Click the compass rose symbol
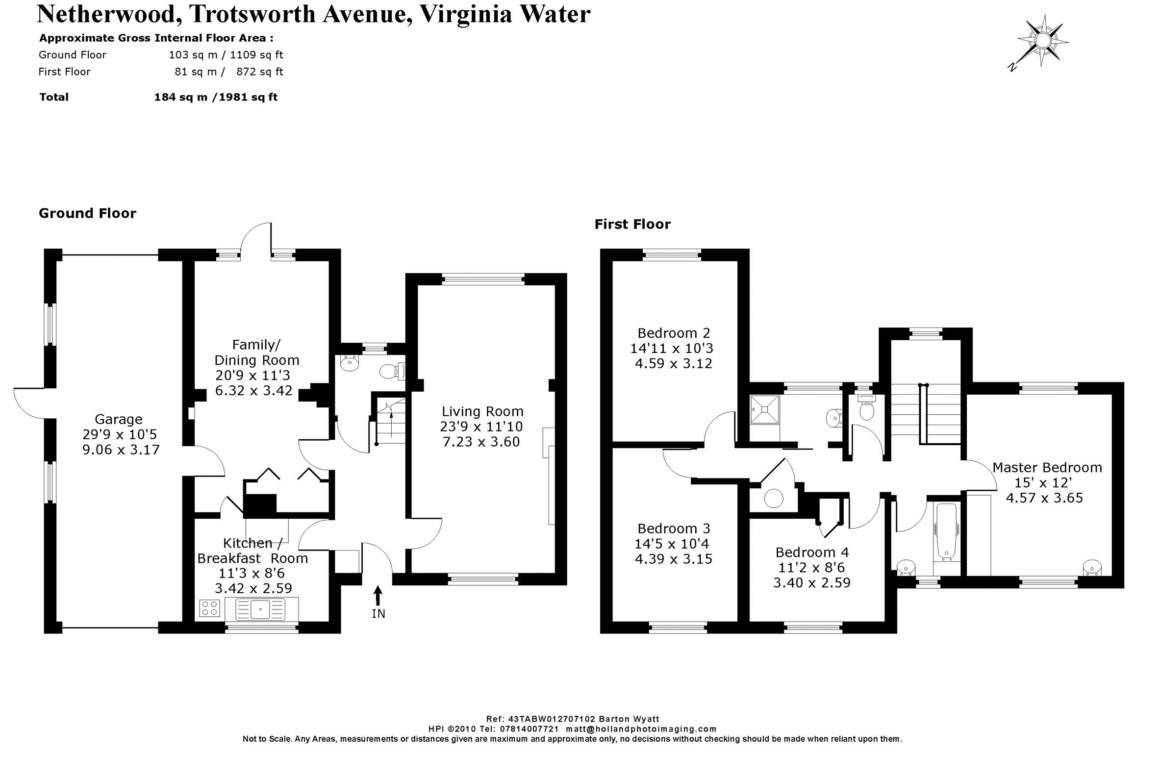coord(1042,40)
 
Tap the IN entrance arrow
coord(378,596)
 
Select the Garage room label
coord(118,419)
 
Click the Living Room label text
coord(482,411)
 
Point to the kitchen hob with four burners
coord(209,608)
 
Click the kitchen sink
coord(260,609)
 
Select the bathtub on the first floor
coord(946,532)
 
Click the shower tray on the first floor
coord(764,409)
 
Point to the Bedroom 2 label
coord(674,333)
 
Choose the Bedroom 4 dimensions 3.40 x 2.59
coord(812,582)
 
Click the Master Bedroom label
coord(1047,468)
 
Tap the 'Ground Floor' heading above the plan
coord(88,213)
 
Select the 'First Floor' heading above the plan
coord(632,225)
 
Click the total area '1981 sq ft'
coord(248,97)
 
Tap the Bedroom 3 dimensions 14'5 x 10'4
coord(672,544)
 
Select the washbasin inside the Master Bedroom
coord(1091,568)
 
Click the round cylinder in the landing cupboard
coord(774,499)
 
